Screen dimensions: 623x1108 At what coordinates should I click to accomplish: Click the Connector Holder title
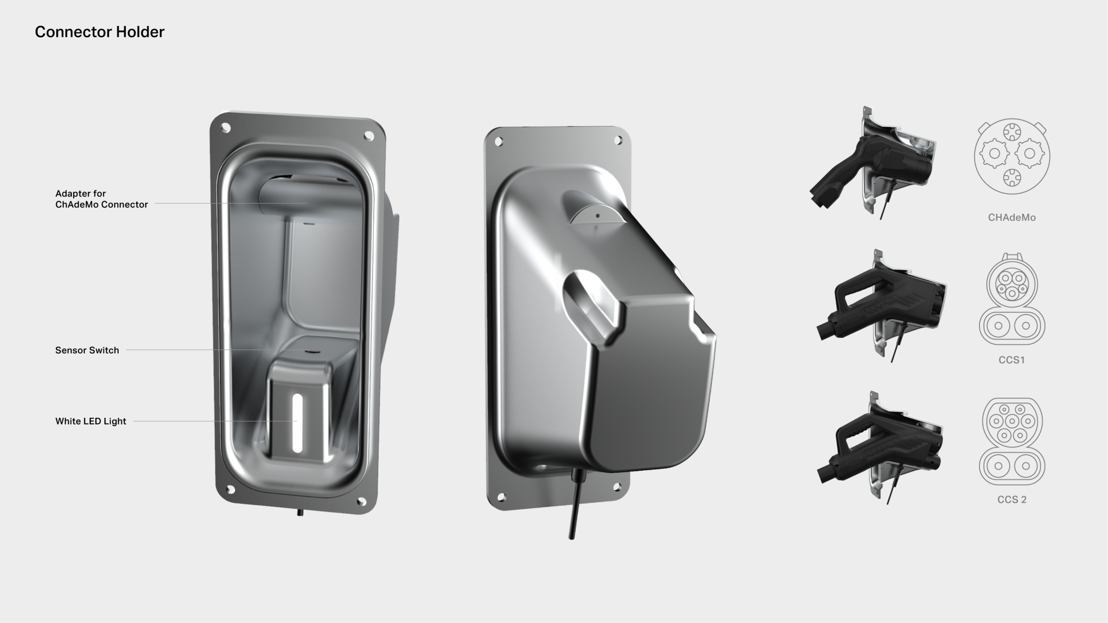[x=100, y=32]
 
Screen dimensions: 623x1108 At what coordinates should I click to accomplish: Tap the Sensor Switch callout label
[x=87, y=350]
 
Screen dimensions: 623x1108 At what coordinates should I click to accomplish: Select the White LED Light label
[x=90, y=421]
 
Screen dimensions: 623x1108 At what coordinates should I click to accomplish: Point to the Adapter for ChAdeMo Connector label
[x=101, y=199]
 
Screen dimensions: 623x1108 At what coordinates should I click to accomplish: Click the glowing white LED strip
[x=297, y=423]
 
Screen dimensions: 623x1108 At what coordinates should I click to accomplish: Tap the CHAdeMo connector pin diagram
[x=1012, y=156]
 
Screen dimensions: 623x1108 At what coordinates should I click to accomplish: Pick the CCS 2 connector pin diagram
[x=1012, y=441]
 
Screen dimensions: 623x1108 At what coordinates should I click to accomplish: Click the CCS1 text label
[x=1012, y=360]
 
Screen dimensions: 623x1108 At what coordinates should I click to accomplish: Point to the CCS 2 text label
[x=1012, y=499]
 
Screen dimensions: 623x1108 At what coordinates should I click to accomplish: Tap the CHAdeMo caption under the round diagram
[x=1012, y=218]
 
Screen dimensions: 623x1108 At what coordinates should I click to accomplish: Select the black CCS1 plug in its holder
[x=882, y=306]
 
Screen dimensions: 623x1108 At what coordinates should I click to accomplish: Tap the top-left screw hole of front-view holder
[x=226, y=128]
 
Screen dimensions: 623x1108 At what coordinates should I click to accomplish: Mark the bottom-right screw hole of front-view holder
[x=361, y=501]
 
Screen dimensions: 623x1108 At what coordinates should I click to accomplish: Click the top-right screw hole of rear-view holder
[x=618, y=140]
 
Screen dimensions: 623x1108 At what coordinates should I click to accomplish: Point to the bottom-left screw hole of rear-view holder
[x=501, y=497]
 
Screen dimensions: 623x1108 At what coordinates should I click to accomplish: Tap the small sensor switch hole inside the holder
[x=312, y=351]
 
